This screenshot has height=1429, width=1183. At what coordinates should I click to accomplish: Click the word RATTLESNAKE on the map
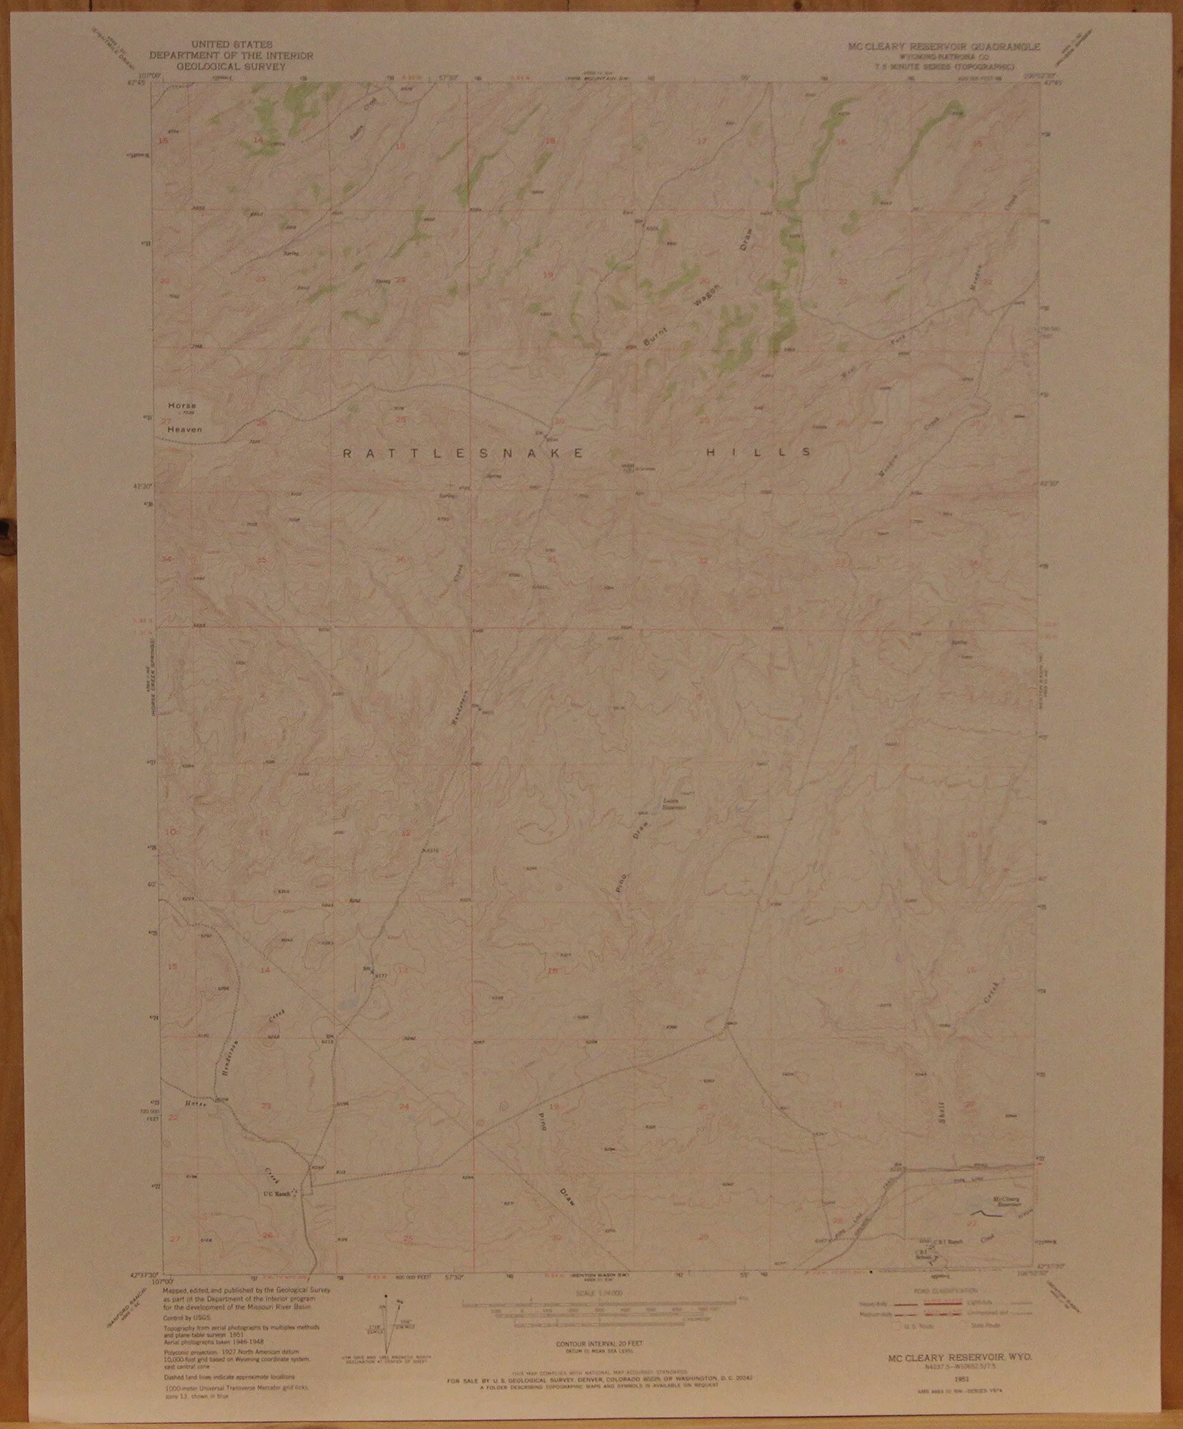464,453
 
